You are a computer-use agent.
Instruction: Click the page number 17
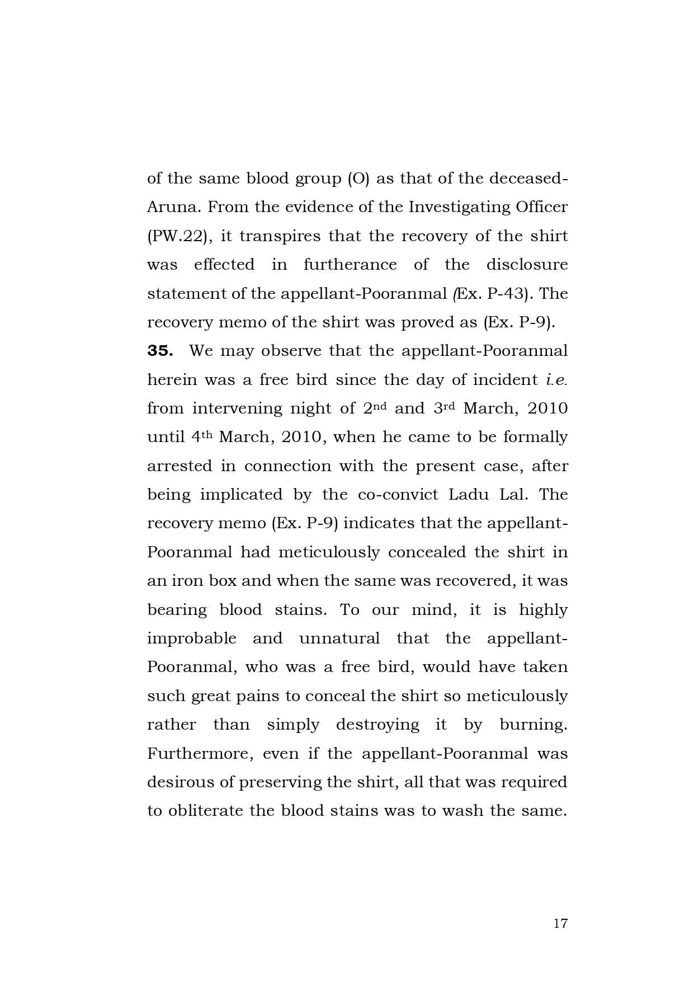560,924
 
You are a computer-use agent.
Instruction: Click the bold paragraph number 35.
160,351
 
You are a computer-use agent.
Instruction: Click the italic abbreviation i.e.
556,380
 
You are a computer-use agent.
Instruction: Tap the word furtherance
350,265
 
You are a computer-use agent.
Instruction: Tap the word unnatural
339,638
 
